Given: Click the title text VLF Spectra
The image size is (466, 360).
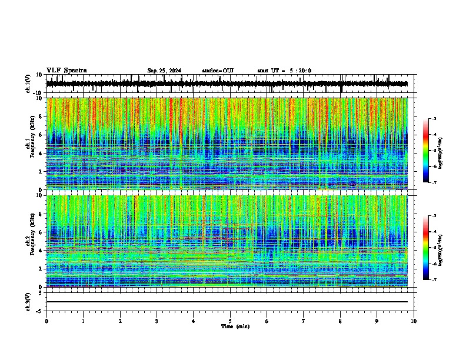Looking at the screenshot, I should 66,71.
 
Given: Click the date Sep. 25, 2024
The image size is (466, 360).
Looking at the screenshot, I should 164,71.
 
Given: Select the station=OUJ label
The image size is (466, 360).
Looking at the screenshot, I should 218,71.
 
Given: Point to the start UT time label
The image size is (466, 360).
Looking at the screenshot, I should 284,71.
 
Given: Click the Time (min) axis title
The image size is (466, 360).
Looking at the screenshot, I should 235,326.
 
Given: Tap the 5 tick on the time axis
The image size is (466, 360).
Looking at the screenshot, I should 230,321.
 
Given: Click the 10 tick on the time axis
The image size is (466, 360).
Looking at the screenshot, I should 414,321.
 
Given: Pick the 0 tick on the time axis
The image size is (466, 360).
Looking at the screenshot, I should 46,321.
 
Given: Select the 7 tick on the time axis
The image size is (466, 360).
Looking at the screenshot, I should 304,321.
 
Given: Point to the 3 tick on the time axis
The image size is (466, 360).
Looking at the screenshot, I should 157,321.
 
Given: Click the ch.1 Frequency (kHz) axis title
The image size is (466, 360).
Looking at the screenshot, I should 30,144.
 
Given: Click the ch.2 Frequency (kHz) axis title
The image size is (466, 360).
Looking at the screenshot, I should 30,241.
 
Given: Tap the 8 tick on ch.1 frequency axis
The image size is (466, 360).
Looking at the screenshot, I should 41,116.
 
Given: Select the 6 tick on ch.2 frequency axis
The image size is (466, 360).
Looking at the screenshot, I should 41,232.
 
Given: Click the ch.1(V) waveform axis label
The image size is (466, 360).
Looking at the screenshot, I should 29,84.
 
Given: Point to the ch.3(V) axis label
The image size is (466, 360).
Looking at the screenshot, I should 29,301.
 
